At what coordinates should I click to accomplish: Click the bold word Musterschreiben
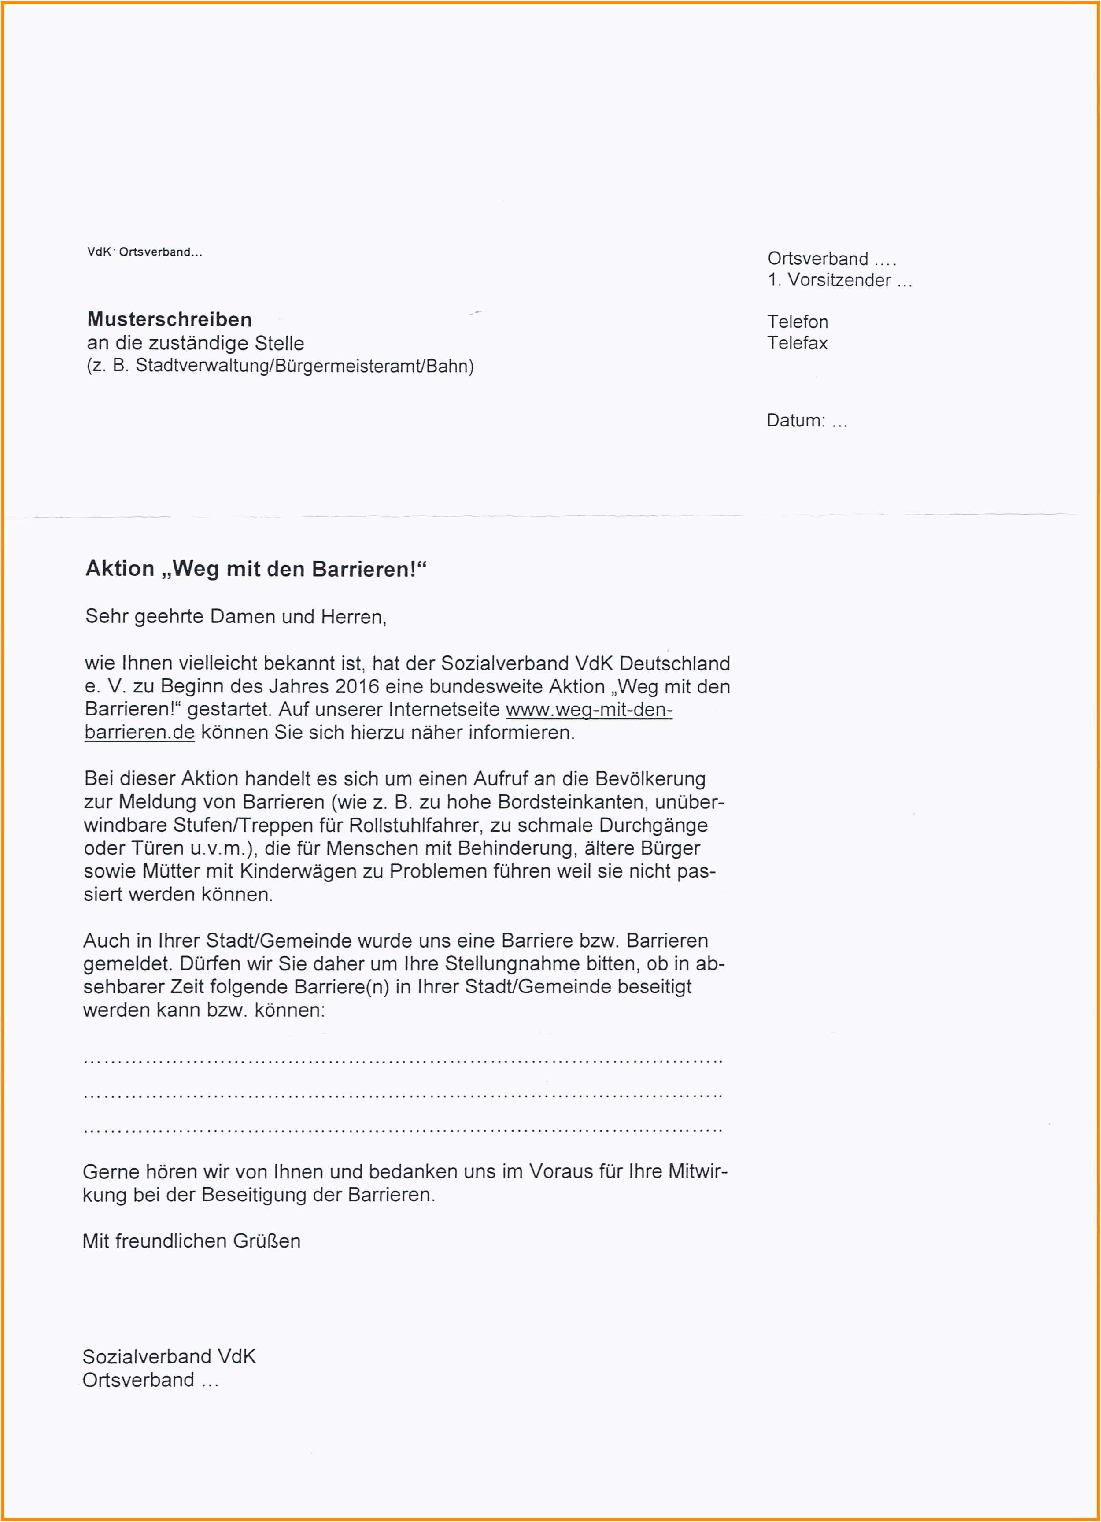tap(169, 319)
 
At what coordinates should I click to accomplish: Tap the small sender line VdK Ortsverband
tap(144, 252)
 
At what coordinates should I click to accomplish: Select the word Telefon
tap(797, 322)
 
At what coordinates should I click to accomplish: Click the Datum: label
tap(796, 421)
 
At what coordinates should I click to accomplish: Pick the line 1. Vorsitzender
tap(839, 281)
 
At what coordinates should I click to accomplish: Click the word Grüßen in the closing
tap(266, 1241)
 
